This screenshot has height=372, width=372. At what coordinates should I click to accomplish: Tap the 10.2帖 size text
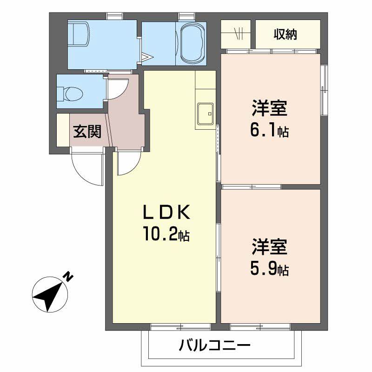(166, 235)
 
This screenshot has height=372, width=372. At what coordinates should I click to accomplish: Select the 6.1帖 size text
(269, 131)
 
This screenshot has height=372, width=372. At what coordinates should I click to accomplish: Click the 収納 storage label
(285, 34)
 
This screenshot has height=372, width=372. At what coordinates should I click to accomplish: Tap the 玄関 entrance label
(86, 133)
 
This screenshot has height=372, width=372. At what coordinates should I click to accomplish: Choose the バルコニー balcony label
(214, 346)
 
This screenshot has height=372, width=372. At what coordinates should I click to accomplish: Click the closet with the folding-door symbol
(237, 34)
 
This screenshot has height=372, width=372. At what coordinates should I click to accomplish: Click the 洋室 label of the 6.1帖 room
(269, 110)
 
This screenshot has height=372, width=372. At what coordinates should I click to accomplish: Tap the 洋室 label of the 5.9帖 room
(269, 247)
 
